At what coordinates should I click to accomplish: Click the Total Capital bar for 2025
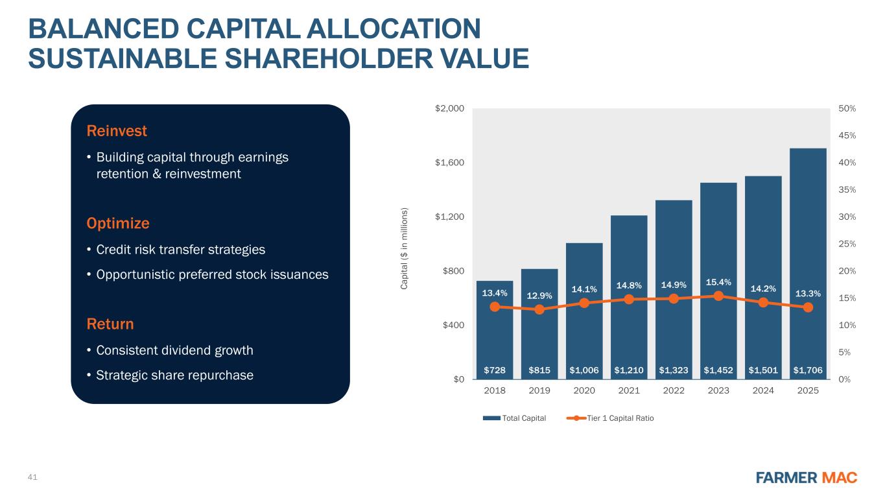click(x=808, y=259)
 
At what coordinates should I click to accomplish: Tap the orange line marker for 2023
click(x=718, y=296)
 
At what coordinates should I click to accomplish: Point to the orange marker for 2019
click(x=539, y=309)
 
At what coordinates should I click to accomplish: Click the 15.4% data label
click(x=718, y=282)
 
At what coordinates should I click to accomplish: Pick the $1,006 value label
click(x=584, y=370)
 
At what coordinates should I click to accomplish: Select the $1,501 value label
click(x=763, y=370)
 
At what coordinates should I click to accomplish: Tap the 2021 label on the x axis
click(x=629, y=391)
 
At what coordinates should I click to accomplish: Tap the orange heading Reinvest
click(x=117, y=131)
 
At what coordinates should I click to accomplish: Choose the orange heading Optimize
click(x=118, y=224)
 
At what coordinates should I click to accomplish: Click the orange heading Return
click(x=110, y=324)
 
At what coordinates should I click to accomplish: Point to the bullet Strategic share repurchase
click(x=174, y=375)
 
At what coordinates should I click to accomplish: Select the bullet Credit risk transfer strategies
click(x=180, y=250)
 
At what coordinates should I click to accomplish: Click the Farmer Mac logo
click(x=807, y=478)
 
